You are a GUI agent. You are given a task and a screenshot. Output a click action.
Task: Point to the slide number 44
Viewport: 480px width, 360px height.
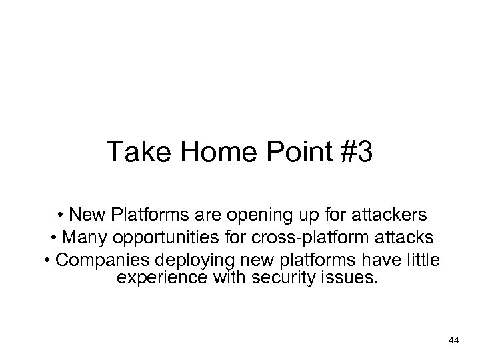click(454, 341)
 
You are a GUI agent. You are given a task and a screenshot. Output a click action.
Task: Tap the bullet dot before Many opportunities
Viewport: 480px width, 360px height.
click(53, 237)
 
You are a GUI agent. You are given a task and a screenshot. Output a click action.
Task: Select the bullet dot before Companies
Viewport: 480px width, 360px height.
click(48, 258)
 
